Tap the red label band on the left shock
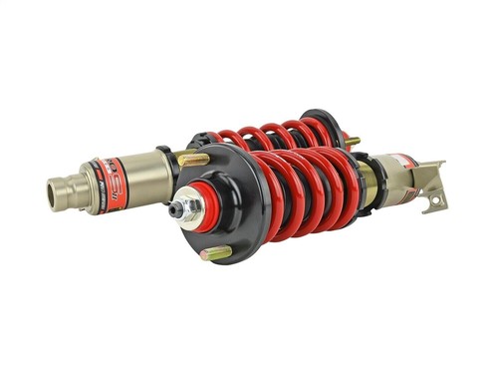coord(113,174)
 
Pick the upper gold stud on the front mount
coord(195,159)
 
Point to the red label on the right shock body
coord(398,163)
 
